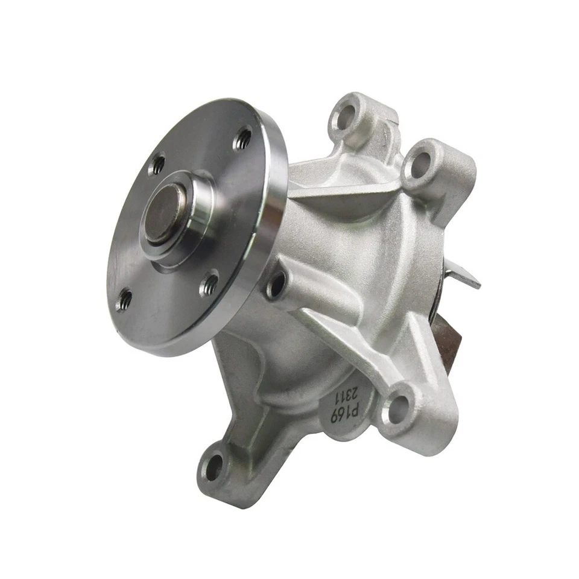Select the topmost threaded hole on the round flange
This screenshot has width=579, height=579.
click(243, 139)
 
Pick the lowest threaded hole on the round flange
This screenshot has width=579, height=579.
click(124, 298)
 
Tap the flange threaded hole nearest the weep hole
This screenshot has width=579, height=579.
click(209, 283)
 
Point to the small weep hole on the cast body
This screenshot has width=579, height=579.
click(276, 284)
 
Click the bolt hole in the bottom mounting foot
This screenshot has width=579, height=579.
click(214, 467)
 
